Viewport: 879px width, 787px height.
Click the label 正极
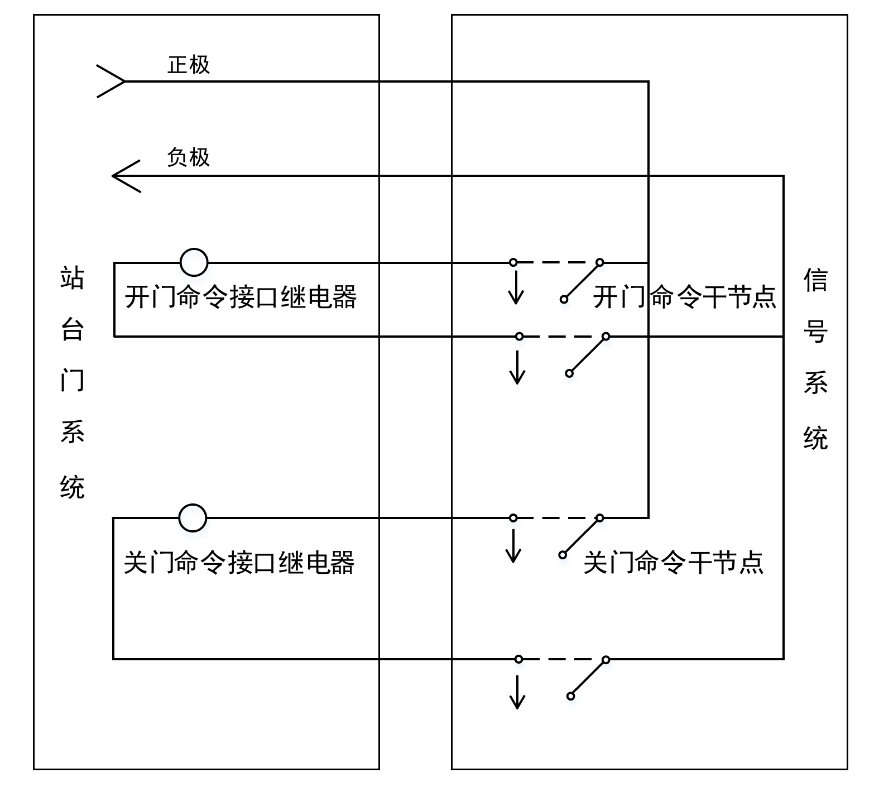click(x=189, y=65)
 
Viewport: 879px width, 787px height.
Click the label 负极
click(x=189, y=157)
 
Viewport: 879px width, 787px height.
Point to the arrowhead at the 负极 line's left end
click(x=125, y=176)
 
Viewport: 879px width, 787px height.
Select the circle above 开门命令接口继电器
click(x=194, y=262)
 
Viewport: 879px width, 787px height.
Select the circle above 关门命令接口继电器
click(x=193, y=518)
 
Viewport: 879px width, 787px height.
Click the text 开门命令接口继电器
click(x=241, y=297)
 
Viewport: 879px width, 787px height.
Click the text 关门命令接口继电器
click(x=239, y=562)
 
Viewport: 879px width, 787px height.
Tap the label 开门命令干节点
click(x=684, y=297)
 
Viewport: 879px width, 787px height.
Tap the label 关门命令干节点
click(x=674, y=562)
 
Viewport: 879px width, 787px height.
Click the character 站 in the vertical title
click(x=73, y=277)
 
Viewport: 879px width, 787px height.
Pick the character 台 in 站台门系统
click(x=73, y=329)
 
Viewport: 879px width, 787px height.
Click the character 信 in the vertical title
click(x=815, y=280)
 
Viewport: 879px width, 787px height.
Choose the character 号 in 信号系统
click(x=815, y=332)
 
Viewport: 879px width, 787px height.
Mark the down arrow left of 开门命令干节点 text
click(x=516, y=287)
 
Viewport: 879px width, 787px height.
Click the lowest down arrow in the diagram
click(x=518, y=692)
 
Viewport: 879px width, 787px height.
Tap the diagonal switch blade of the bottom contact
click(x=588, y=678)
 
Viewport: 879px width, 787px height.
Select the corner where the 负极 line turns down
click(x=783, y=176)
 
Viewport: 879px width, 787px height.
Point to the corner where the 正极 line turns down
click(x=648, y=81)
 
